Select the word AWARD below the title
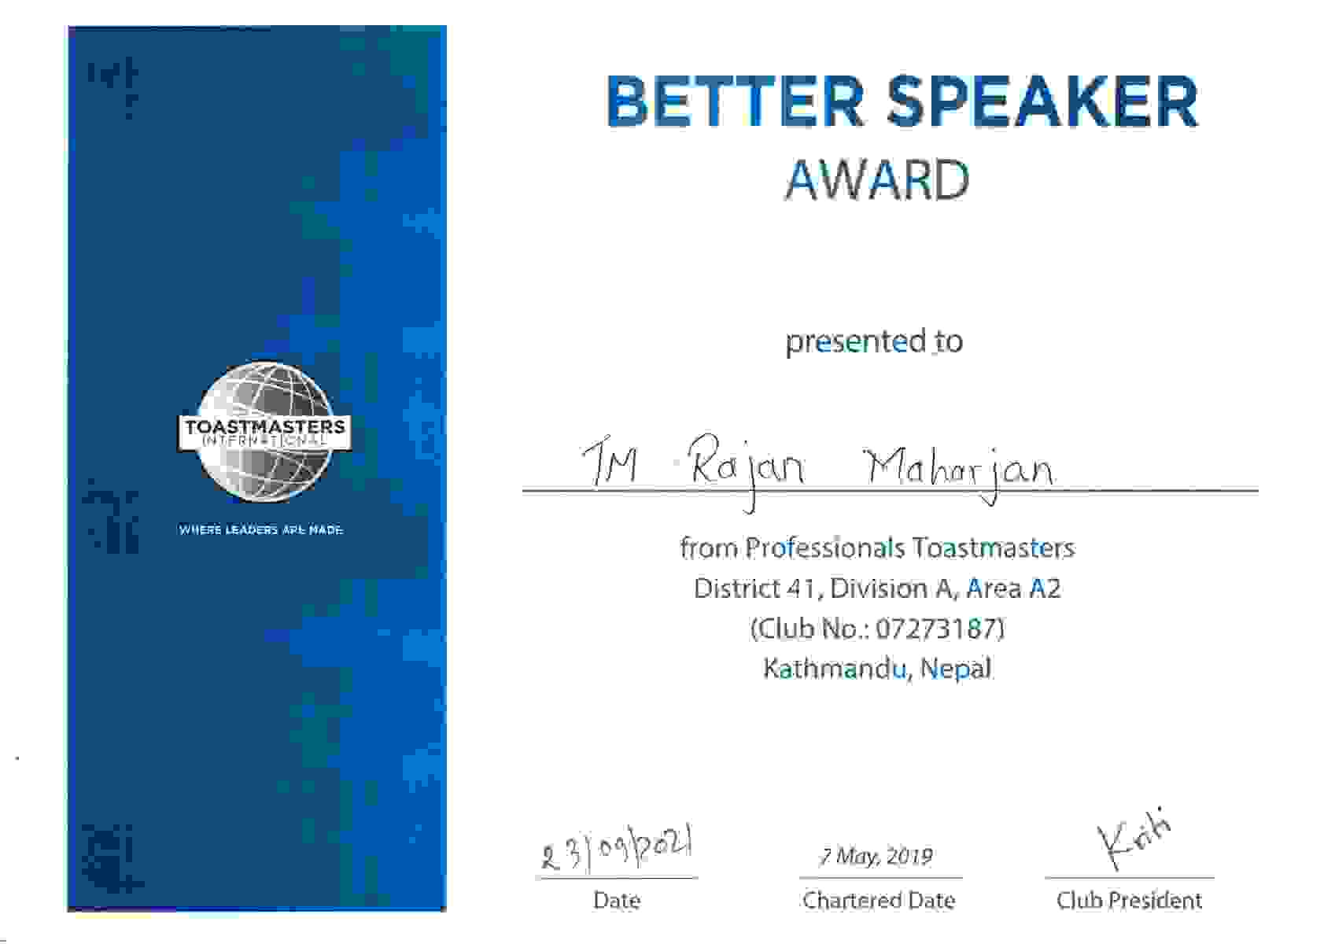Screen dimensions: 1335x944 877,180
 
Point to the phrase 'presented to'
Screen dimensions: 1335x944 874,341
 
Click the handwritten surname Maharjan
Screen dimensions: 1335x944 960,474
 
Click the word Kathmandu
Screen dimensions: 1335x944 835,669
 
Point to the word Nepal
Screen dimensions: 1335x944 956,669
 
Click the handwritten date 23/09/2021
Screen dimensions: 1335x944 617,850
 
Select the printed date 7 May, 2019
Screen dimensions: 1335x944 876,857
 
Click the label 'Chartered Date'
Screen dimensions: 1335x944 879,901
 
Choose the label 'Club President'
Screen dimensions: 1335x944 1130,901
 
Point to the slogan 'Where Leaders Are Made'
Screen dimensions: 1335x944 261,529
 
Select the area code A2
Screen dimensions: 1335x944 1046,588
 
